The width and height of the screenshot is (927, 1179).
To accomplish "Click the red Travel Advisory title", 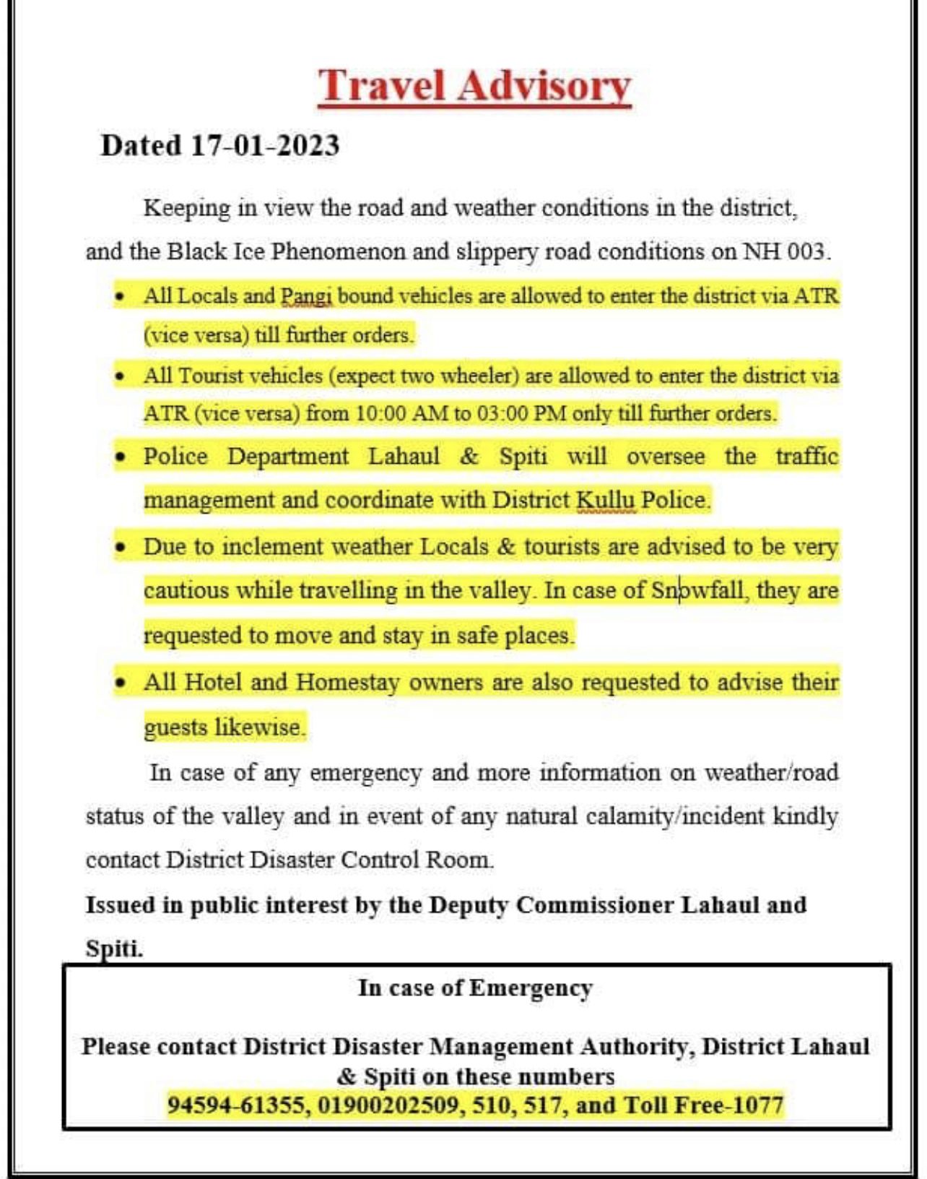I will pyautogui.click(x=474, y=87).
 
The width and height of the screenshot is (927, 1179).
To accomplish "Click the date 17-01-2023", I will pyautogui.click(x=265, y=145).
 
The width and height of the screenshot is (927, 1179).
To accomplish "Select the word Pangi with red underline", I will pyautogui.click(x=307, y=296).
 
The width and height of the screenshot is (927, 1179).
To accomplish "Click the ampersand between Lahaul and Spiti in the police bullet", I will pyautogui.click(x=469, y=457).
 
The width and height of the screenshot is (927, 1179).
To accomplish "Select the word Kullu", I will pyautogui.click(x=606, y=500).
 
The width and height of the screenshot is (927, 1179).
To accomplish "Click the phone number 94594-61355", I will pyautogui.click(x=236, y=1105).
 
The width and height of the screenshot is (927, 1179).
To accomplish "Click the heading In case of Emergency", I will pyautogui.click(x=475, y=988).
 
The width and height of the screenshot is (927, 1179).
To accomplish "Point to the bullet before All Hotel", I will pyautogui.click(x=121, y=683).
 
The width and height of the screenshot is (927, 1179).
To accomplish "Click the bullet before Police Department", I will pyautogui.click(x=121, y=457).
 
